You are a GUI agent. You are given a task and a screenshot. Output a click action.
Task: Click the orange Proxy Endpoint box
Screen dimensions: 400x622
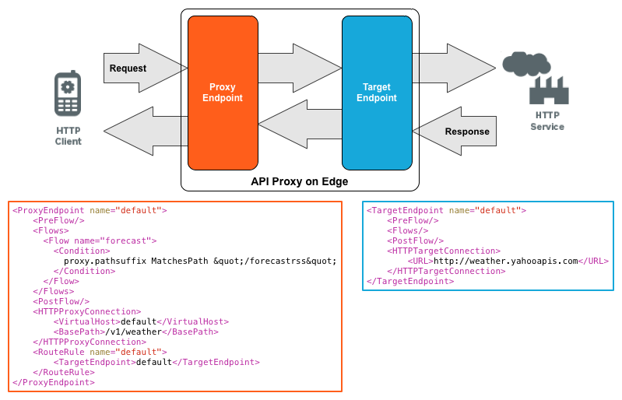(223, 93)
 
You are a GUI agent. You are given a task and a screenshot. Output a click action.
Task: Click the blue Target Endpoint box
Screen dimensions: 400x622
(377, 93)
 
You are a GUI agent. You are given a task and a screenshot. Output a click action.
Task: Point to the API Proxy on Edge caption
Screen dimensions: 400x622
(299, 181)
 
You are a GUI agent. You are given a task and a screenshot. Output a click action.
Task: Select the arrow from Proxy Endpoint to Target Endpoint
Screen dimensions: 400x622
(299, 68)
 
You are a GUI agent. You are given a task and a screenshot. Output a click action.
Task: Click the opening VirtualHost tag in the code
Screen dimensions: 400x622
(86, 321)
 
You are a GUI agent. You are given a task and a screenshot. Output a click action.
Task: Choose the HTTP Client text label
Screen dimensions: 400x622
(68, 136)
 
